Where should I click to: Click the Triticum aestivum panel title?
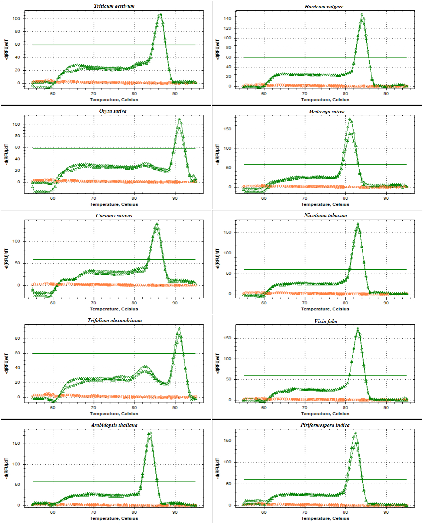pos(114,6)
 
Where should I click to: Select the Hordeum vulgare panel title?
pos(324,7)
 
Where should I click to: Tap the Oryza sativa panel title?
pos(113,111)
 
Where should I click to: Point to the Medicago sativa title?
pos(327,112)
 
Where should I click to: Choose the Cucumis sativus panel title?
pos(114,216)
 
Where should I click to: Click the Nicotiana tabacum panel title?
pos(326,215)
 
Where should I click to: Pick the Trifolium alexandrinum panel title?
pos(115,320)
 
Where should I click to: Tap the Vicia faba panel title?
pos(326,321)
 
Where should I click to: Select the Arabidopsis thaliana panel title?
pos(114,425)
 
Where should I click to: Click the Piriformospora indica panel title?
pos(325,425)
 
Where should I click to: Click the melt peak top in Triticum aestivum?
pos(161,14)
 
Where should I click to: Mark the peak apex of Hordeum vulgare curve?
pos(362,14)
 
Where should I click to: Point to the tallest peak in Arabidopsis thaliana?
pos(150,433)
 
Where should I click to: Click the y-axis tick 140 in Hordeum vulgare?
pos(228,19)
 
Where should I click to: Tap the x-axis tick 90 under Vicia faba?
pos(386,407)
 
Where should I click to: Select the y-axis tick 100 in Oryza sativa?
pos(16,124)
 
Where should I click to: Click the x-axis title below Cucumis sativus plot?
pos(114,309)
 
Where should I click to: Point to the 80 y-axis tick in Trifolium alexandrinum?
pos(17,338)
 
